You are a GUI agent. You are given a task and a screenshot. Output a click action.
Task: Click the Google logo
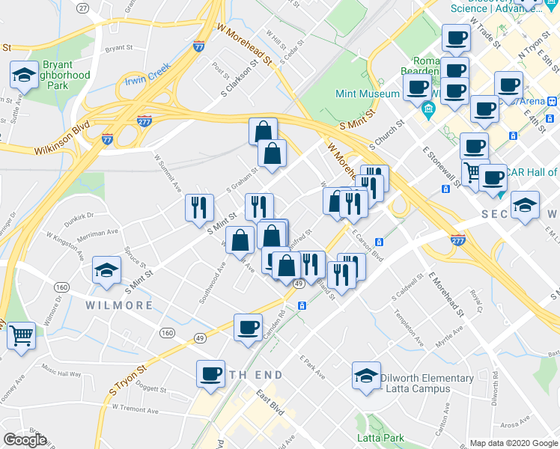pyautogui.click(x=25, y=440)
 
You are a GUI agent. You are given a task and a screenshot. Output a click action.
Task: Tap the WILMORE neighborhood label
pyautogui.click(x=120, y=305)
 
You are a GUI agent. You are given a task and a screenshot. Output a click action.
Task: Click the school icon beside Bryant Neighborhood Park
pyautogui.click(x=25, y=76)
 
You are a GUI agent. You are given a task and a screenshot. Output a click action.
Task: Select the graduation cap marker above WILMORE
pyautogui.click(x=106, y=270)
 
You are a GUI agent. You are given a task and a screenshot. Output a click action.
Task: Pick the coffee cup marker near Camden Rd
pyautogui.click(x=248, y=327)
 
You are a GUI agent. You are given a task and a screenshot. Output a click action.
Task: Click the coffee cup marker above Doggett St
pyautogui.click(x=211, y=373)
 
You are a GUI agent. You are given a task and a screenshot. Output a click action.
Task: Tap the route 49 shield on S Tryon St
pyautogui.click(x=297, y=284)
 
